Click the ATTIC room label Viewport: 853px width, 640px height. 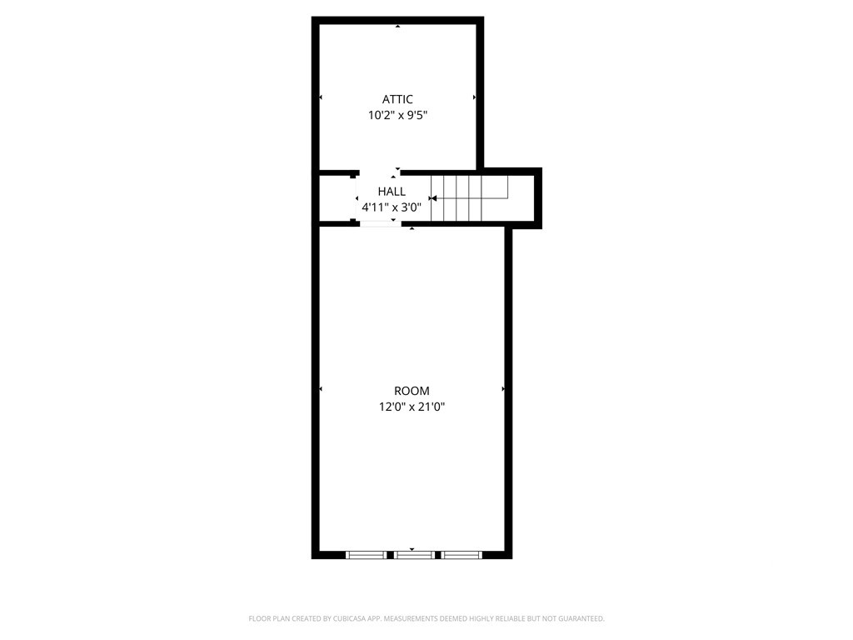tap(397, 99)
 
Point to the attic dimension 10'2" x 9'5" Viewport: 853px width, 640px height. tap(397, 115)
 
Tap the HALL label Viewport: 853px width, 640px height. tap(392, 192)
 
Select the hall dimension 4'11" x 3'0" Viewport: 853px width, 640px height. tap(392, 207)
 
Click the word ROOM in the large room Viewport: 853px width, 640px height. tap(412, 391)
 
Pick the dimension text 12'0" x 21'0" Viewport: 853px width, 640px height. tap(412, 407)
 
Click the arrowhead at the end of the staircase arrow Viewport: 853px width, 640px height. tap(433, 198)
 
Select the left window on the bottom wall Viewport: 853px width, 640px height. tap(367, 555)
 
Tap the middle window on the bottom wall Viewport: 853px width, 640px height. tap(415, 555)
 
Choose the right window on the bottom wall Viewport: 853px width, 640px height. tap(461, 555)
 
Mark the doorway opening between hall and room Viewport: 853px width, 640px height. tap(380, 223)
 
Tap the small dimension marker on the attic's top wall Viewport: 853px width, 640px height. tap(397, 26)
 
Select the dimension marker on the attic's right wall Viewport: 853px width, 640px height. tap(474, 97)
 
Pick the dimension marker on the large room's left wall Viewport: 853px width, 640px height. tap(321, 389)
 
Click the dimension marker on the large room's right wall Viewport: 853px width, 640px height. tap(503, 389)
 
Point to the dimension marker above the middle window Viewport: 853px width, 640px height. tap(412, 550)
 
